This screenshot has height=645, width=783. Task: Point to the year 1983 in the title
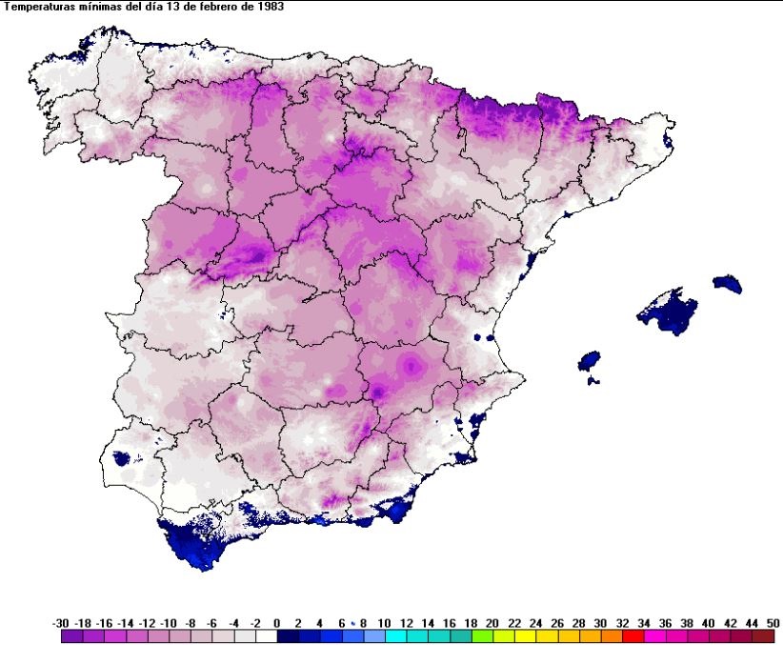pos(270,6)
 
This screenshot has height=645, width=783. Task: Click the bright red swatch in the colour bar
pos(630,636)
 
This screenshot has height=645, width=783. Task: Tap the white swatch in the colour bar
pos(266,636)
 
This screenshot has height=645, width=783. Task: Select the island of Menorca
pos(727,284)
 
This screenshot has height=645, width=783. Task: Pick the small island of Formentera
pos(593,381)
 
